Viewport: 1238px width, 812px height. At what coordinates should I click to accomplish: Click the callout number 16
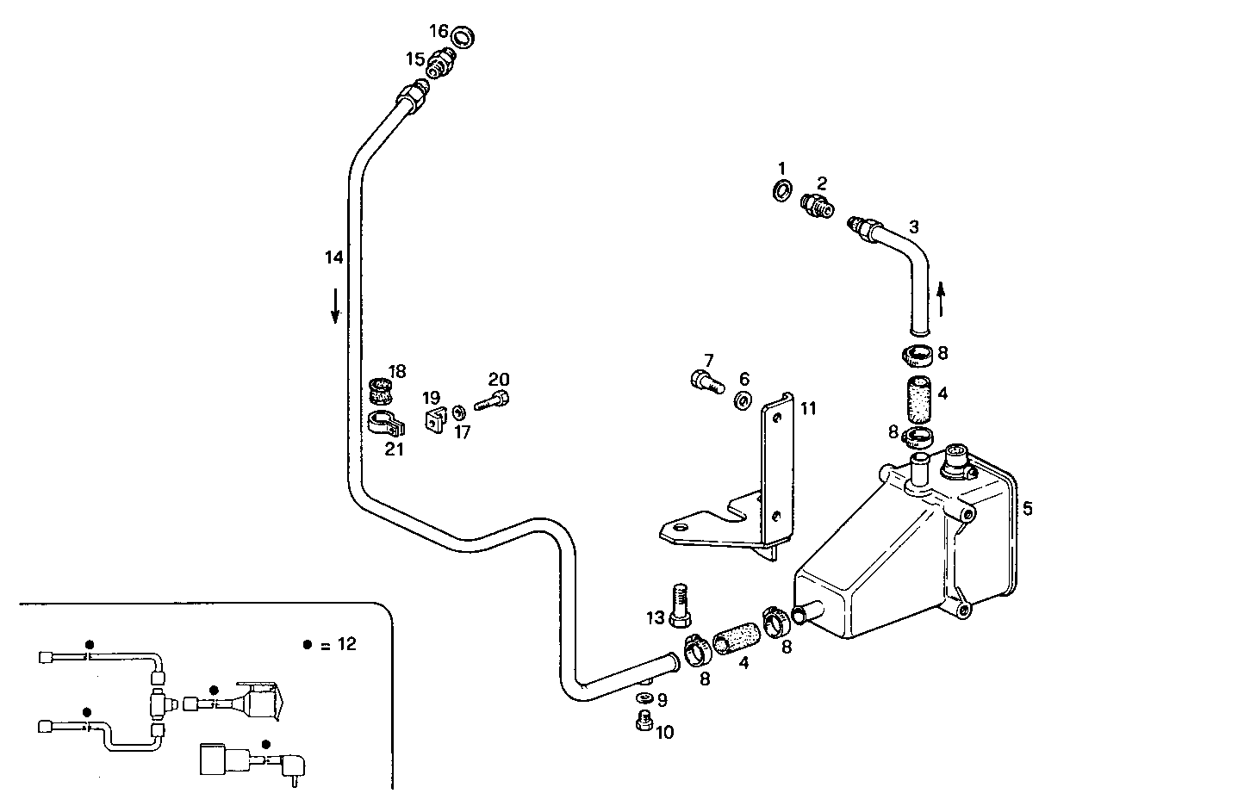coord(439,31)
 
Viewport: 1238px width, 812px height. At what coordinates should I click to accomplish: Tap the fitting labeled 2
coord(815,205)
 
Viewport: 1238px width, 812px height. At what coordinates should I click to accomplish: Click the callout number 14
coord(334,257)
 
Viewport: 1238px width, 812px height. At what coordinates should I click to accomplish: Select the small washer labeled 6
coord(743,400)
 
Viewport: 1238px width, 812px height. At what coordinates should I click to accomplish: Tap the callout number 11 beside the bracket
coord(807,408)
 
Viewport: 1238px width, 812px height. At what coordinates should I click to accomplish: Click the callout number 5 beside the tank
coord(1027,508)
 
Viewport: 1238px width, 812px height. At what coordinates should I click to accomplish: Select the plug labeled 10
coord(642,723)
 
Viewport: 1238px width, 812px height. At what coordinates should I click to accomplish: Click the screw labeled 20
coord(493,400)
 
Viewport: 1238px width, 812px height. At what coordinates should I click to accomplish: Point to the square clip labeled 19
coord(433,421)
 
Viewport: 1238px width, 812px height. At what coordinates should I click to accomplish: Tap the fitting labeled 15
coord(443,63)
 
